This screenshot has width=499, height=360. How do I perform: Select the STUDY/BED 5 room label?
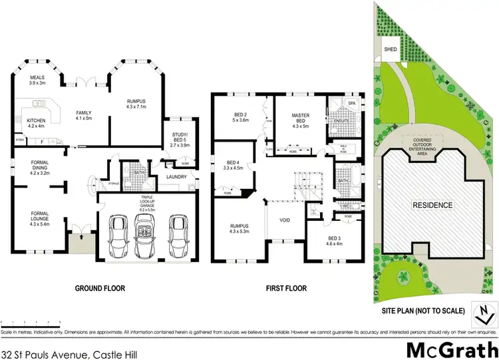point(180,136)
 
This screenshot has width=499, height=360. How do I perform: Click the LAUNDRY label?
point(176,176)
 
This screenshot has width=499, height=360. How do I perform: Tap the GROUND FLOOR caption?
point(100,288)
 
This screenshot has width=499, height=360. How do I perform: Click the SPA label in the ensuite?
point(352,104)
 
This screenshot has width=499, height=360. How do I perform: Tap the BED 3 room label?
point(333,241)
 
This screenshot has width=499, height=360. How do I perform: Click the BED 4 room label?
point(232,165)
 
